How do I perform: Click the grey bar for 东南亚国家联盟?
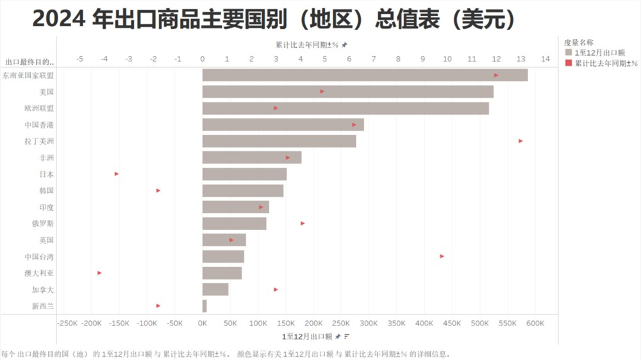tap(365, 75)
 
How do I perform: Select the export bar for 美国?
tap(347, 92)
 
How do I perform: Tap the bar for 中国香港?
tap(283, 124)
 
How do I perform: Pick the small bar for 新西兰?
tap(204, 306)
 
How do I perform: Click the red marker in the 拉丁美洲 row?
tap(520, 141)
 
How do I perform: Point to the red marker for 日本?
tap(117, 174)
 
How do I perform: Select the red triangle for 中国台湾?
tap(442, 256)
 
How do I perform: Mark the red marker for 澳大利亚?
tap(99, 273)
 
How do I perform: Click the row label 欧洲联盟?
tap(39, 108)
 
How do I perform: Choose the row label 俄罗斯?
tap(43, 224)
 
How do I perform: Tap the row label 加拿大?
tap(43, 290)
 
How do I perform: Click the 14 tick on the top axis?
tap(545, 59)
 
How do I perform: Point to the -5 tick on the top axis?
tap(79, 59)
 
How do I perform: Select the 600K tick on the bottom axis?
tap(535, 323)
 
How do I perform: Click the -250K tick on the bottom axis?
tap(67, 323)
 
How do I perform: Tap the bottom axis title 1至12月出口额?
tap(306, 336)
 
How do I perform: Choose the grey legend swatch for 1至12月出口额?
tap(568, 53)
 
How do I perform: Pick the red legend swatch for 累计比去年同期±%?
tap(568, 63)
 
